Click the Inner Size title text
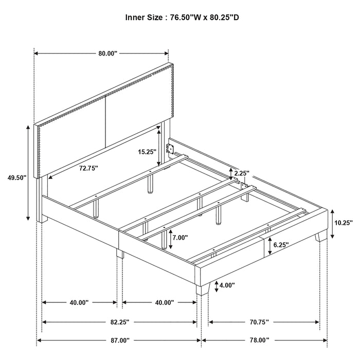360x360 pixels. (x=183, y=17)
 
